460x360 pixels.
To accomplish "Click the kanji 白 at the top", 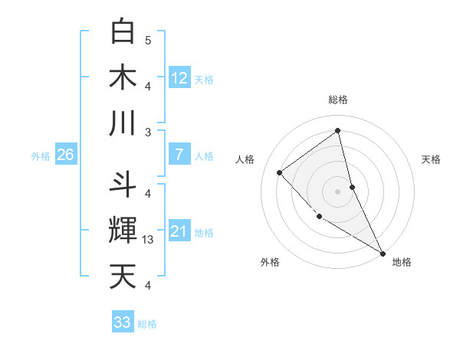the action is pos(123,31).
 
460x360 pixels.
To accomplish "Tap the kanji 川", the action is pos(123,123).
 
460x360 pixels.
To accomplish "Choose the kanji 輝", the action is pos(123,231).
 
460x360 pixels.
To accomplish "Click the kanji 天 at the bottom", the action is pos(123,277).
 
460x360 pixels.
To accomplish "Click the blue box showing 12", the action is pos(179,77).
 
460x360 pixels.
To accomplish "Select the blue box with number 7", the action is pos(179,155).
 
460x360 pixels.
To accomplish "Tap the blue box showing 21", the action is pos(179,231).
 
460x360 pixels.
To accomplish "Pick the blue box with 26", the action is pos(65,155).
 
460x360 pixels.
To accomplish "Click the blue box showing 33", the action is pos(123,322).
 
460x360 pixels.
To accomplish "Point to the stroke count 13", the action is pos(149,240).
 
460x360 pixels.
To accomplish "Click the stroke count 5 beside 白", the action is pos(148,40).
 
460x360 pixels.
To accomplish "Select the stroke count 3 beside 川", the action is pos(148,132).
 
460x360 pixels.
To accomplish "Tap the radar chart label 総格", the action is pos(338,100).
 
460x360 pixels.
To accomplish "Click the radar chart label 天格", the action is pos(432,159).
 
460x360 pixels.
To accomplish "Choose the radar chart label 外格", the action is pos(270,262).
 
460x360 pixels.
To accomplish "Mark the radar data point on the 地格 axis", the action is pos(383,253).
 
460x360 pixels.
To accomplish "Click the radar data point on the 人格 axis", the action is pos(280,172).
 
